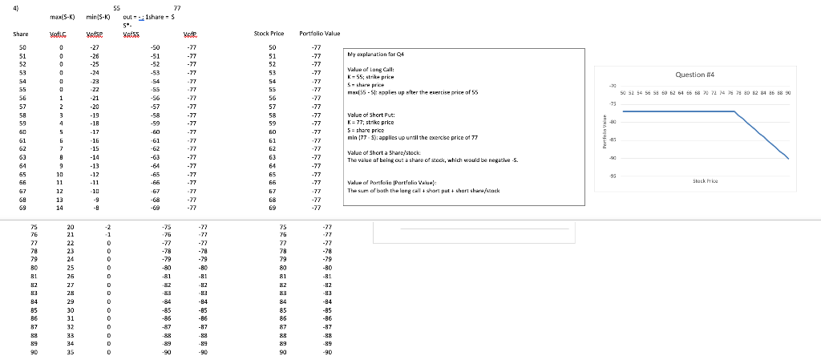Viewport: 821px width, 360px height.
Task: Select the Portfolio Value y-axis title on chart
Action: [604, 131]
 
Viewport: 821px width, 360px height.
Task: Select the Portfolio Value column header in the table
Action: [319, 34]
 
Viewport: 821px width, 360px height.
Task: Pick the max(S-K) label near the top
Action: [62, 16]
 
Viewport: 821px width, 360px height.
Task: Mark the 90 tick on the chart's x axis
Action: [789, 92]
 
